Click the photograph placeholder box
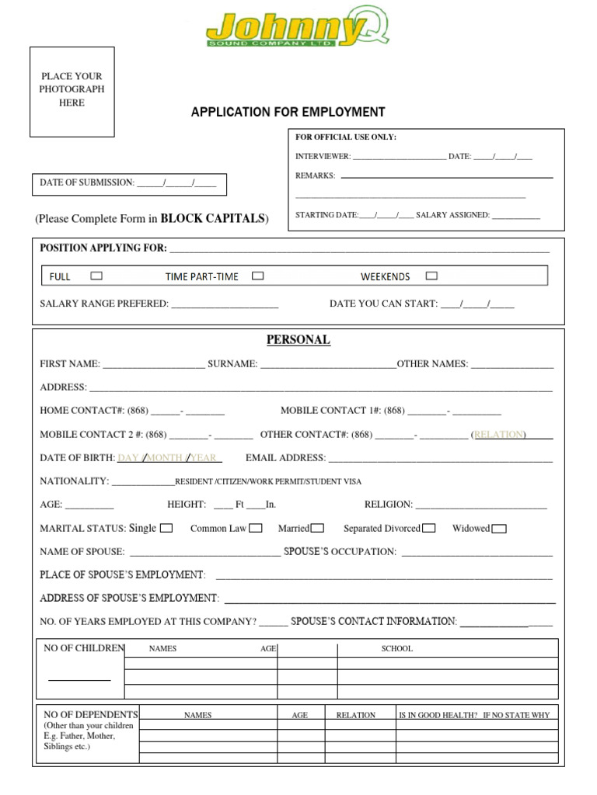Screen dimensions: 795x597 click(72, 91)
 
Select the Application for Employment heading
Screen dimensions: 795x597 click(288, 113)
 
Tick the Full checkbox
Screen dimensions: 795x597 click(96, 276)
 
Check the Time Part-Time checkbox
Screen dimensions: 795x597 click(258, 276)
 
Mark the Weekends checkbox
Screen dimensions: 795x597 click(431, 276)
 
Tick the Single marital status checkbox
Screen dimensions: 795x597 click(166, 529)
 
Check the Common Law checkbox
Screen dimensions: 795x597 click(256, 529)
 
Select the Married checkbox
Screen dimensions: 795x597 click(317, 529)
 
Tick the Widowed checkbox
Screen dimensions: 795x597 click(499, 529)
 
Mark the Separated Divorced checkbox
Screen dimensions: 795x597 click(428, 529)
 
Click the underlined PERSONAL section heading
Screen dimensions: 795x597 click(298, 340)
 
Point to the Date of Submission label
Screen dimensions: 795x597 click(87, 182)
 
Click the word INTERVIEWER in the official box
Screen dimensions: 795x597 click(323, 156)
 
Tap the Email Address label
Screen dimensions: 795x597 click(285, 458)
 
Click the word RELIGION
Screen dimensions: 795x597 click(389, 505)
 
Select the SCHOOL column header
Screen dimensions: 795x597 click(396, 648)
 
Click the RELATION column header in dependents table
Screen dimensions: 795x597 click(355, 715)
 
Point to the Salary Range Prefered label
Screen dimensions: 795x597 click(104, 304)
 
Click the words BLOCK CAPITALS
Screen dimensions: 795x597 click(212, 219)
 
